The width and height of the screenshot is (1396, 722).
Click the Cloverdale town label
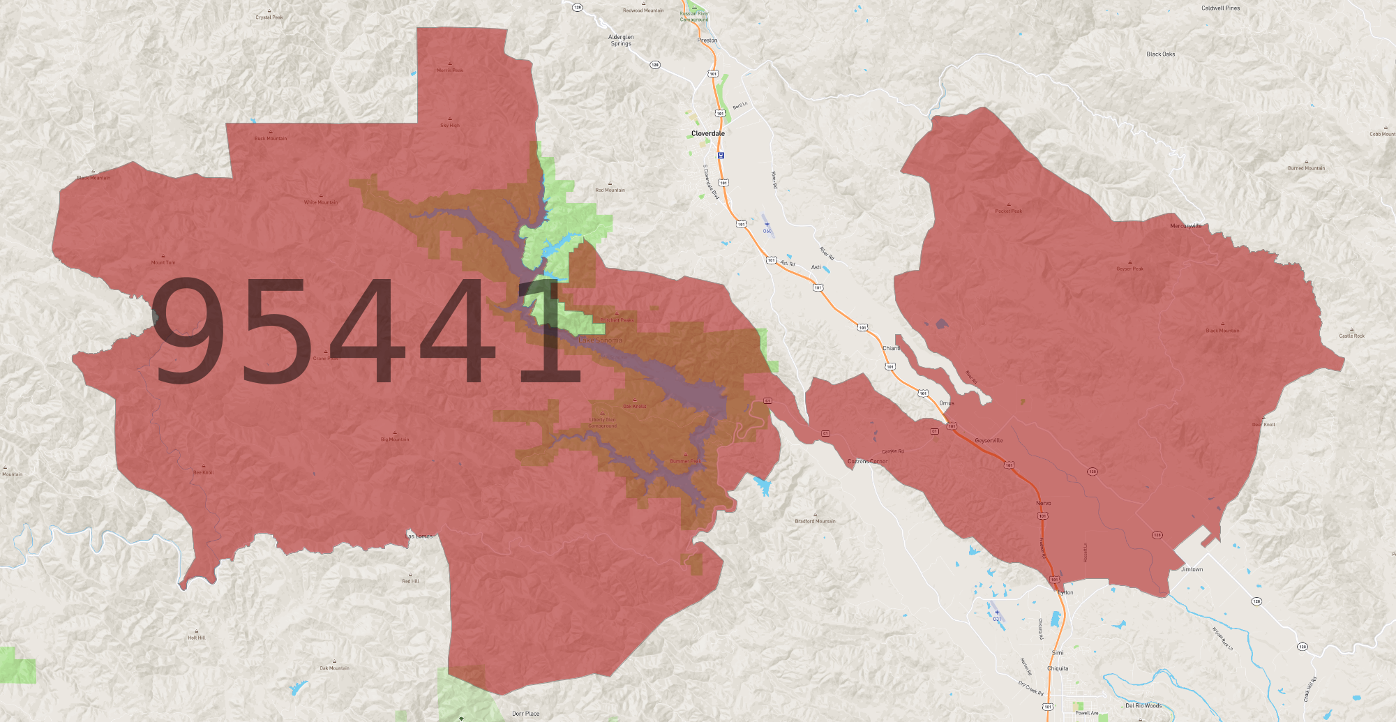[x=707, y=133]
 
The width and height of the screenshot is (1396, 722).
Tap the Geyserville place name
[x=989, y=440]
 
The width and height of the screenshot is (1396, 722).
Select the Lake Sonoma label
[x=600, y=340]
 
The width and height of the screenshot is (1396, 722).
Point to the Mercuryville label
[x=1185, y=226]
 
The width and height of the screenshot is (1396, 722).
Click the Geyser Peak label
[x=1129, y=269]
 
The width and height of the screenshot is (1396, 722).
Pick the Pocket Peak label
[x=1008, y=211]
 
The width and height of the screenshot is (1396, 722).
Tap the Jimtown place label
[x=1192, y=569]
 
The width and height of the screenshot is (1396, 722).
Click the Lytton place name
[x=1065, y=592]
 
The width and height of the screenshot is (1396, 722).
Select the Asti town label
[x=816, y=267]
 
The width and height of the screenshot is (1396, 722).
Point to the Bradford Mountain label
[x=815, y=521]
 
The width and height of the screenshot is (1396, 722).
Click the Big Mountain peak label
[x=395, y=439]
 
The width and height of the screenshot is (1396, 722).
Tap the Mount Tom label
[x=163, y=262]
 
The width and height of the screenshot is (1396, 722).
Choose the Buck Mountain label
[x=271, y=138]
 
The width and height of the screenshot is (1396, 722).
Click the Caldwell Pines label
[x=1220, y=8]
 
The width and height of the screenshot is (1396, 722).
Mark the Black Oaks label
[x=1160, y=54]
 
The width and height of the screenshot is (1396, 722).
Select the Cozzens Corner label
[x=867, y=461]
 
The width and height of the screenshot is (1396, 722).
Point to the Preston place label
[x=707, y=40]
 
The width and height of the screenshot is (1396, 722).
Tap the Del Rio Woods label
[x=1143, y=705]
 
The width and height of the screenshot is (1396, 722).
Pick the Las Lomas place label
[x=420, y=536]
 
